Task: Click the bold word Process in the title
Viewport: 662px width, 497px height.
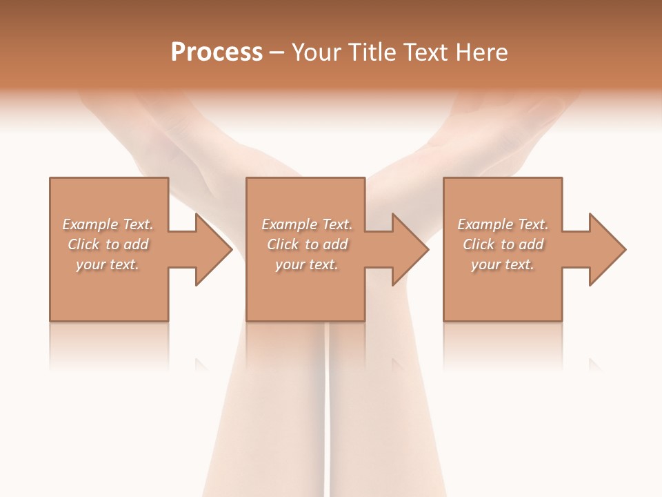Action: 217,52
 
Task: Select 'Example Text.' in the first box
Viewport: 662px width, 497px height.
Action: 108,224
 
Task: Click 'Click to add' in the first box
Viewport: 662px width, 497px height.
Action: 108,244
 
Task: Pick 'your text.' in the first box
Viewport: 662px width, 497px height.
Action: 108,264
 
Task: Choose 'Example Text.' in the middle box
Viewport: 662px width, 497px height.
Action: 307,224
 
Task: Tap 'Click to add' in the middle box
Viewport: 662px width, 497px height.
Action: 307,244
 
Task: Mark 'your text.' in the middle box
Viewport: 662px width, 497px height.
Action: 307,264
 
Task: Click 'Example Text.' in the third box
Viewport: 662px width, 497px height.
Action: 503,224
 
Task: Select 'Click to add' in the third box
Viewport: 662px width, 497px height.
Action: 503,244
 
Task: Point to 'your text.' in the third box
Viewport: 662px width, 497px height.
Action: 503,264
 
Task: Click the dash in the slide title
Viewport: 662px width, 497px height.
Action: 277,53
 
